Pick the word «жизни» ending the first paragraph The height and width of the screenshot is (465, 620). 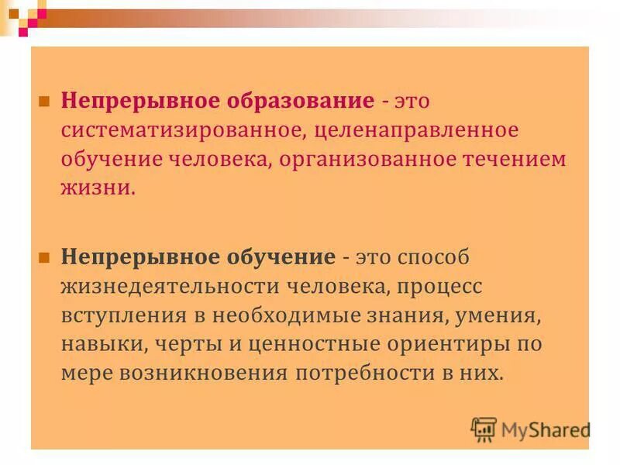pos(95,188)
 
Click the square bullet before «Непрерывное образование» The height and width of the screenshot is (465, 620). pos(44,102)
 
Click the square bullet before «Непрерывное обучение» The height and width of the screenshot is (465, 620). pos(44,257)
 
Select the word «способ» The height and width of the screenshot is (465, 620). pos(432,257)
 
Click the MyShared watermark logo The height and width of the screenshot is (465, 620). pos(531,429)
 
